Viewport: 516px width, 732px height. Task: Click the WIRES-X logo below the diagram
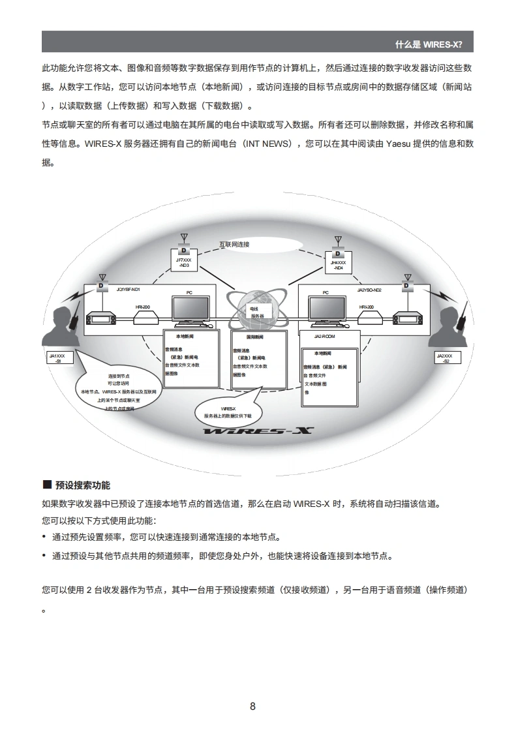coord(258,431)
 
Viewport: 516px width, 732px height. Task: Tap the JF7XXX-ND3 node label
coord(183,263)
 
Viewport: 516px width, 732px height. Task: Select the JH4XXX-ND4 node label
coord(338,264)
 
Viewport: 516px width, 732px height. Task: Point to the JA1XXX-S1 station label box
coord(57,358)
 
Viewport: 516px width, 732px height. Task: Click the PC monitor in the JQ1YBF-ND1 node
coord(190,311)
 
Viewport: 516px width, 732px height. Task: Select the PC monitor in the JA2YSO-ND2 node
coord(327,311)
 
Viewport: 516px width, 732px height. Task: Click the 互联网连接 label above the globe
coord(234,245)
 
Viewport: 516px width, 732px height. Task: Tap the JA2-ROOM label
coord(324,337)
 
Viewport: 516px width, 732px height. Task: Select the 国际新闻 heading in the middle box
coord(254,337)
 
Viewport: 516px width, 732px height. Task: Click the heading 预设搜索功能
coord(83,485)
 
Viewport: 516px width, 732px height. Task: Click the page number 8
coord(253,707)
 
